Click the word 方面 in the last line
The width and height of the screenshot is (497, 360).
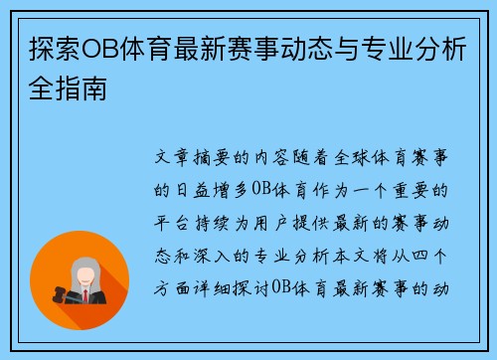[x=166, y=290]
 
